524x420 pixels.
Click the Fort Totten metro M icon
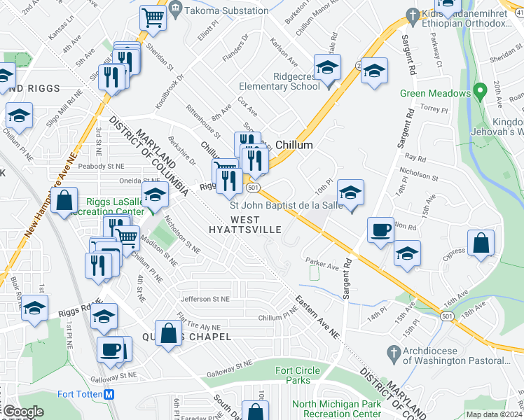tap(109, 394)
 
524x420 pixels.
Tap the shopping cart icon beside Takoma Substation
tap(152, 17)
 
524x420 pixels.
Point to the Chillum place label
tap(293, 144)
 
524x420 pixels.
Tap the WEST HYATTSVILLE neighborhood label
tap(245, 223)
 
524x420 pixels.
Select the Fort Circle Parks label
tap(293, 375)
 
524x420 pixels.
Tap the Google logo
tap(22, 412)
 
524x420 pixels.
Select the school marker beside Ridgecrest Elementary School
tap(326, 69)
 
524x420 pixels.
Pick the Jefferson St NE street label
tap(205, 299)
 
